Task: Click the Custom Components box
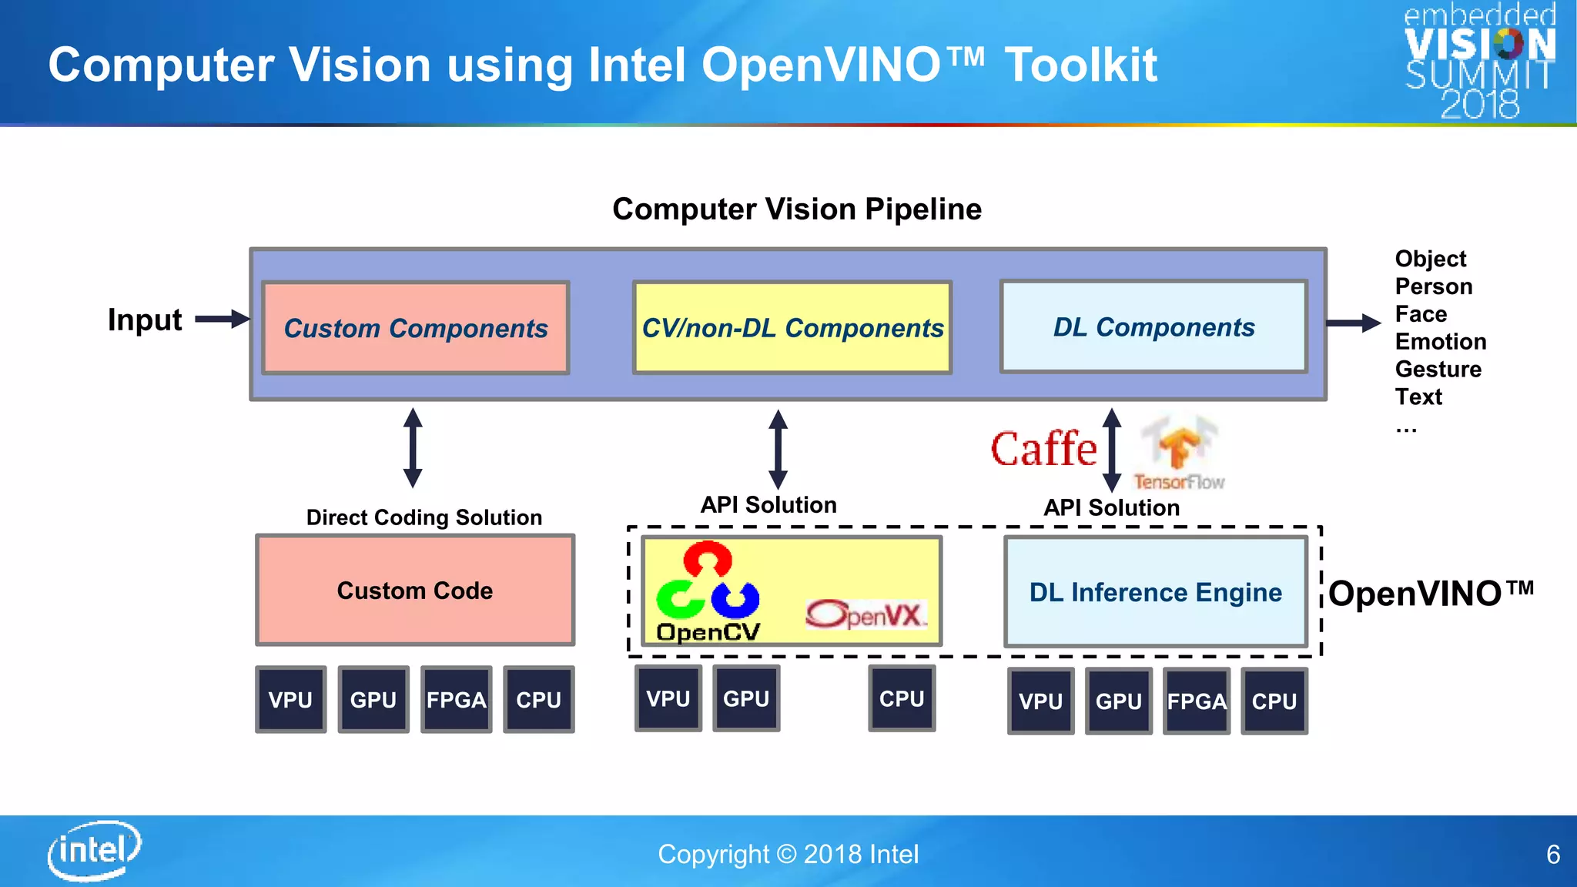tap(416, 328)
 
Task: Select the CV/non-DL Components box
tap(792, 328)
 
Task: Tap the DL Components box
tap(1153, 327)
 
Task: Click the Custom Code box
tap(415, 591)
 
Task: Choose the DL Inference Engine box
tap(1156, 592)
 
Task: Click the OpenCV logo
tap(708, 591)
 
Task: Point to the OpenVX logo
tap(866, 614)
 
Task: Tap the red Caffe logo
tap(1043, 450)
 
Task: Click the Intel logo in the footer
tap(94, 850)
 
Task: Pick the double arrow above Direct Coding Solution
tap(413, 448)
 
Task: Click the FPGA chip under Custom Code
tap(456, 700)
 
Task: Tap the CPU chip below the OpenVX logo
tap(902, 698)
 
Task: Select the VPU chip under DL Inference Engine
tap(1040, 701)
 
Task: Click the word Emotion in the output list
tap(1440, 341)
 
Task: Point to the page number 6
tap(1552, 855)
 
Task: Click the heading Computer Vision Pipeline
tap(796, 209)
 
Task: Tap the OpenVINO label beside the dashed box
tap(1431, 594)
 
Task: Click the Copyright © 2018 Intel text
tap(788, 854)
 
